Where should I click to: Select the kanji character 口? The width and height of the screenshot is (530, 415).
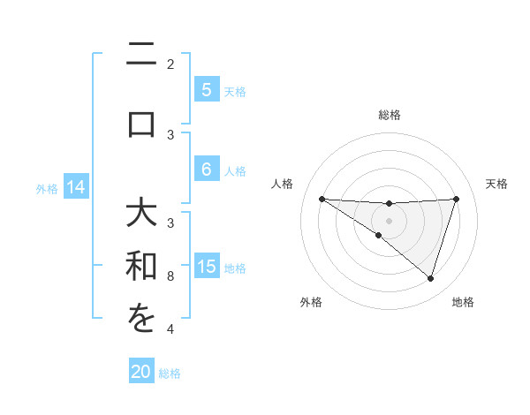141,123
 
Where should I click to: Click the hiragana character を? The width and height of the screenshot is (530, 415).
141,319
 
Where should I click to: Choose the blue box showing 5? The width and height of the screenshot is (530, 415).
206,90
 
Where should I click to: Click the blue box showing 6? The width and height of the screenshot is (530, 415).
206,170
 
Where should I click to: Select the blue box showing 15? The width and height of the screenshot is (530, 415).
206,268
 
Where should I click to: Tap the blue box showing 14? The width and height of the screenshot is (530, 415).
76,187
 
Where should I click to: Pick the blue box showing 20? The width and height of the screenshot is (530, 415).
141,372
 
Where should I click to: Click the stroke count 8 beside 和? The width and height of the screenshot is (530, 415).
170,276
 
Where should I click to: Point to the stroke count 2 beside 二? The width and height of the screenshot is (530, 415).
170,64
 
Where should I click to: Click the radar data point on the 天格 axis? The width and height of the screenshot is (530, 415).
457,199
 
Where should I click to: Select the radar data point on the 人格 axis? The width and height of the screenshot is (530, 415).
322,199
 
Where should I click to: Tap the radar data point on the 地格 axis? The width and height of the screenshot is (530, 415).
430,278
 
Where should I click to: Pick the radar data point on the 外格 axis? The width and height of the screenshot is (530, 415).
378,236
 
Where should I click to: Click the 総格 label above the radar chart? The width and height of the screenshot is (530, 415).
389,115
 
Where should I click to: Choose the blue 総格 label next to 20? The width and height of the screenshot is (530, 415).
170,373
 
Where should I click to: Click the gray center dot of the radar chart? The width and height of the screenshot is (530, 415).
389,220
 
